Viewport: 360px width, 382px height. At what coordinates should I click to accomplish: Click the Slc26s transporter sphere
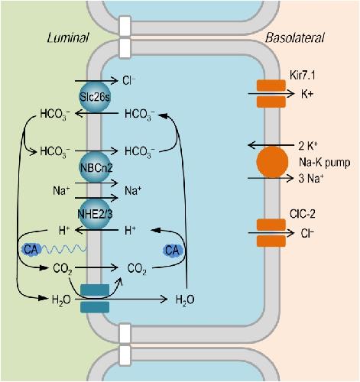[95, 97]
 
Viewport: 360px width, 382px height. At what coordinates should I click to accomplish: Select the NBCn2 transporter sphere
[96, 167]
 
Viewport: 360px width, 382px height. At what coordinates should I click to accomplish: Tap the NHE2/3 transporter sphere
[95, 214]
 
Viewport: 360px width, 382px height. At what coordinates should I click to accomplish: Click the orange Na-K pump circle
[272, 162]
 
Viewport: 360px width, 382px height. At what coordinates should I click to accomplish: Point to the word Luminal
[68, 37]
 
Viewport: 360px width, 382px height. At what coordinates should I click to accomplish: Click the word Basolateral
[295, 37]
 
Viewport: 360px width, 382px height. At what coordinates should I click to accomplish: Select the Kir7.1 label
[303, 75]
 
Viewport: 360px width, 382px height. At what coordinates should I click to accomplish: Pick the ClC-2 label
[303, 214]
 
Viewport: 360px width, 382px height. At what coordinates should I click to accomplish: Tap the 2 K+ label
[308, 146]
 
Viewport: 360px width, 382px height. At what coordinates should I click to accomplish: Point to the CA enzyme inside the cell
[173, 251]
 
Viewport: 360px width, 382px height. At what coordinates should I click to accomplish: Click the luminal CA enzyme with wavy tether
[31, 250]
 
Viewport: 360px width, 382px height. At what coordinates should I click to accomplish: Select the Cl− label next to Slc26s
[129, 80]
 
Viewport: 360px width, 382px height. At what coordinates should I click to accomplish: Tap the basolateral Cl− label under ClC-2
[307, 233]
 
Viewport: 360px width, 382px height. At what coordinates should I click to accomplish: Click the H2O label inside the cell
[185, 299]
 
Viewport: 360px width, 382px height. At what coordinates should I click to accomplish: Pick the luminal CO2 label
[63, 269]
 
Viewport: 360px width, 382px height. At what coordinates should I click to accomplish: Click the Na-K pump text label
[325, 162]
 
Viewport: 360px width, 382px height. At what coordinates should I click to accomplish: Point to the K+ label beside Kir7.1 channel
[307, 94]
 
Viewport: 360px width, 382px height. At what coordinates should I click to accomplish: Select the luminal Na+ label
[61, 190]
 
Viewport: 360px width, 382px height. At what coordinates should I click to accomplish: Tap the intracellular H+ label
[130, 231]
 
